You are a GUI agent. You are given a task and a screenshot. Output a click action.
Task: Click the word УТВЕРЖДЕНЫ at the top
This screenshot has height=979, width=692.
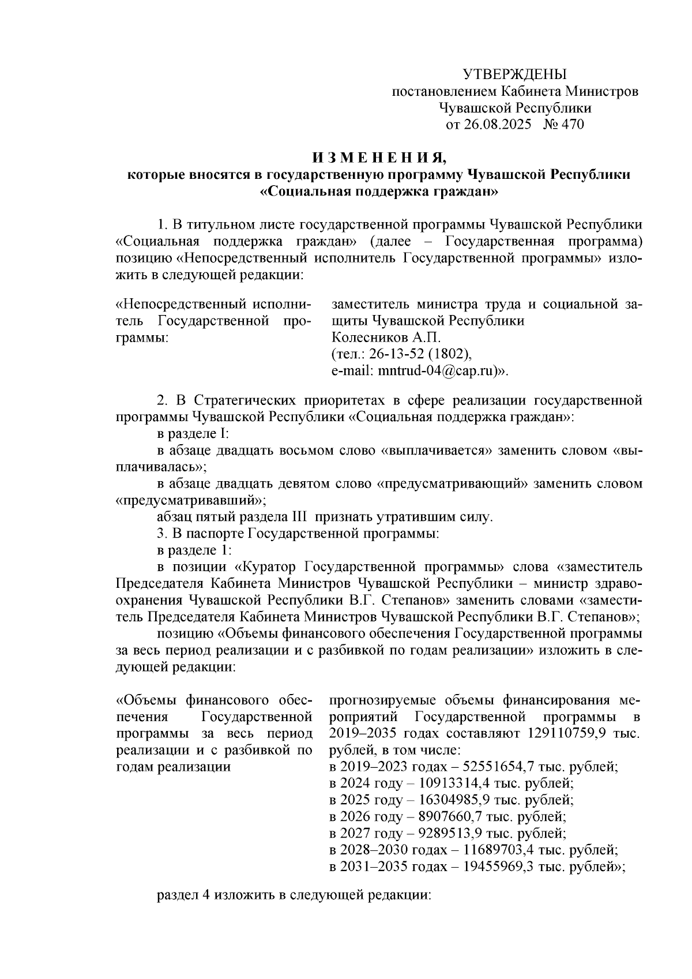[515, 74]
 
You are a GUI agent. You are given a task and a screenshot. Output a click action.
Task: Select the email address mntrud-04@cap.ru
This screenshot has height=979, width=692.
[438, 371]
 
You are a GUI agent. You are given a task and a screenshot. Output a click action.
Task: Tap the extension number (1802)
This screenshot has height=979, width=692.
[453, 354]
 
